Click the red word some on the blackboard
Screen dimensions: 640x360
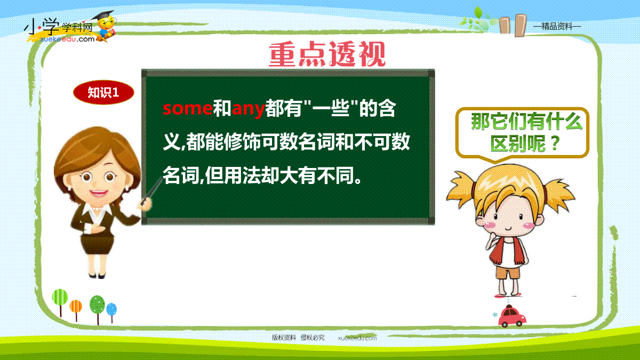click(x=188, y=108)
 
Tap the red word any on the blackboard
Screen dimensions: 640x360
click(x=248, y=109)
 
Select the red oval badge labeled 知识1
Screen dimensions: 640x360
click(x=103, y=92)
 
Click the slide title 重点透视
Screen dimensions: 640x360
click(x=327, y=54)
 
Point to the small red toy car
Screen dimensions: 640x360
click(x=512, y=316)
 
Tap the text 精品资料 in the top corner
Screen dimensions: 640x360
click(x=557, y=27)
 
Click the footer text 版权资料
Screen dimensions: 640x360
click(x=283, y=338)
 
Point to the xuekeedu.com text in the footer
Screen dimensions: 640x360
click(x=357, y=338)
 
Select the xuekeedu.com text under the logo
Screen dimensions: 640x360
click(x=67, y=39)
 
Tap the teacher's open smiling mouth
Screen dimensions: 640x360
click(x=98, y=193)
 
